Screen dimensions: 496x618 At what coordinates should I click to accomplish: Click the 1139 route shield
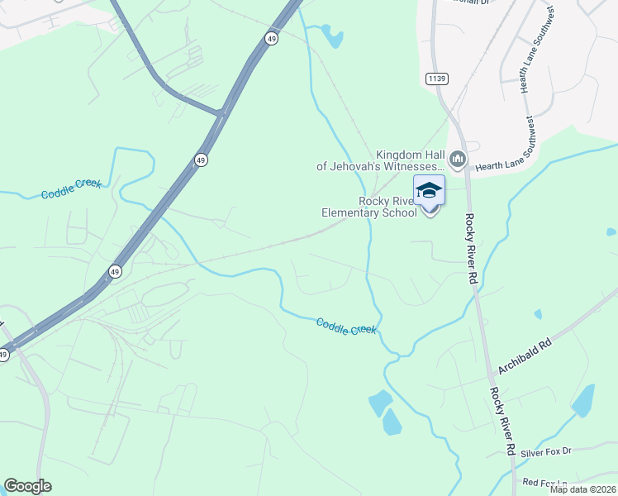click(437, 79)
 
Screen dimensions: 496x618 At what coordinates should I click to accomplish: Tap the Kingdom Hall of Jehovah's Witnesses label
click(381, 160)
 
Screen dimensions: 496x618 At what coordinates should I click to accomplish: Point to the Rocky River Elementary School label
click(369, 207)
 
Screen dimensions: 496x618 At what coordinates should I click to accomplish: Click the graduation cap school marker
click(430, 190)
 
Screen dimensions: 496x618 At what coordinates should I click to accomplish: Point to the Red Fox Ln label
click(545, 482)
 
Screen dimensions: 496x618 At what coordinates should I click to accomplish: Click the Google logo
click(27, 486)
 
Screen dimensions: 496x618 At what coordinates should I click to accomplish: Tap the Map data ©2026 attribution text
click(582, 489)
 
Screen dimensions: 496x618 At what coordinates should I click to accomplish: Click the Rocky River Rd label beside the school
click(472, 247)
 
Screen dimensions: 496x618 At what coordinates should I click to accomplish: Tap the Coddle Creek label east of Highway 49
click(346, 326)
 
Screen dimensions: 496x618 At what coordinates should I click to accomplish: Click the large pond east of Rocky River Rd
click(583, 401)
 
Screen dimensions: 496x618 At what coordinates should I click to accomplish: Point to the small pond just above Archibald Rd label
click(539, 315)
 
